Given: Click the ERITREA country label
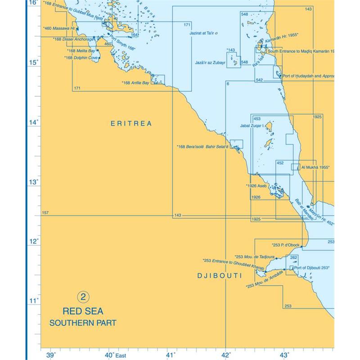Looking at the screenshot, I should tap(131, 123).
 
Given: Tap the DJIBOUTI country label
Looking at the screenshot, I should tap(220, 275).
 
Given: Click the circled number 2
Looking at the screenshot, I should tap(83, 297).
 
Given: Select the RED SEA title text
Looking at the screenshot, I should tap(83, 311).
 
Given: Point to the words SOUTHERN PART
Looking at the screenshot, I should tap(83, 323).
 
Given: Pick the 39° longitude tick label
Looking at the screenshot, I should tap(51, 355).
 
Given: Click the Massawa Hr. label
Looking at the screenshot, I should tap(60, 28).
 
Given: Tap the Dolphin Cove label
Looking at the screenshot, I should tap(81, 58).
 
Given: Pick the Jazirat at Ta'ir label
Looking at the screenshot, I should tap(204, 33).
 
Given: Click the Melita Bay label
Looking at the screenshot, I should tap(81, 51).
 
